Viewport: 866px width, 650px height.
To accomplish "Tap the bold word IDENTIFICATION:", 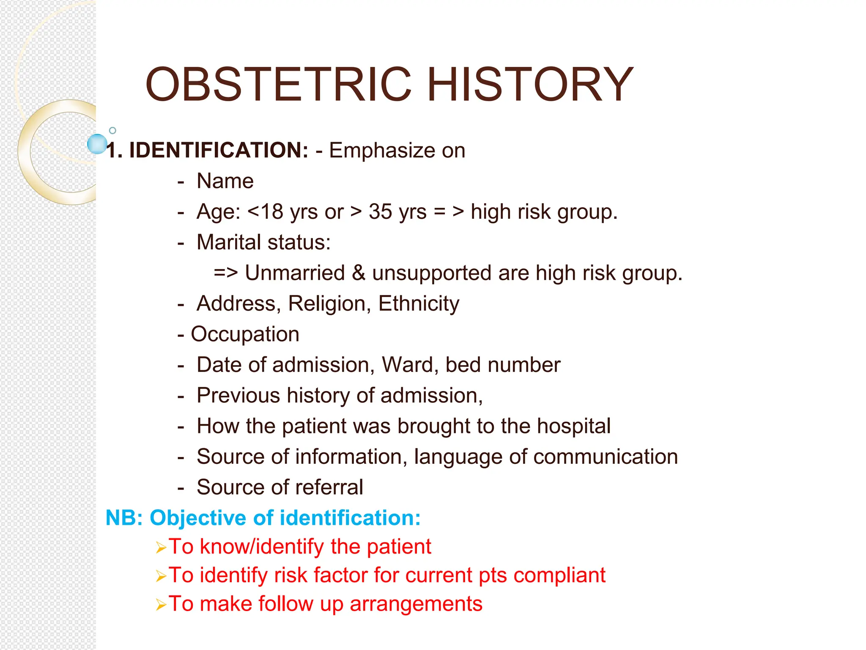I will (219, 150).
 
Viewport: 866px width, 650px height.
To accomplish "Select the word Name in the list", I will (225, 181).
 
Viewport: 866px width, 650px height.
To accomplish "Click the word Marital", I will (229, 242).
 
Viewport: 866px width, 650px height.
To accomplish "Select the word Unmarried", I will (295, 273).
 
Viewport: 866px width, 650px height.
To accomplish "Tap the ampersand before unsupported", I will (358, 273).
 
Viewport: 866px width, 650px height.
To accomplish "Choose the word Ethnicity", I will (419, 304).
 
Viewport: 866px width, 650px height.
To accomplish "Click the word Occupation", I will (245, 334).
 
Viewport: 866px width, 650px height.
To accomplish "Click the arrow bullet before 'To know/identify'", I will (161, 548).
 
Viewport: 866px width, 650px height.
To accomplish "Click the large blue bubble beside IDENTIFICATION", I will (97, 144).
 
